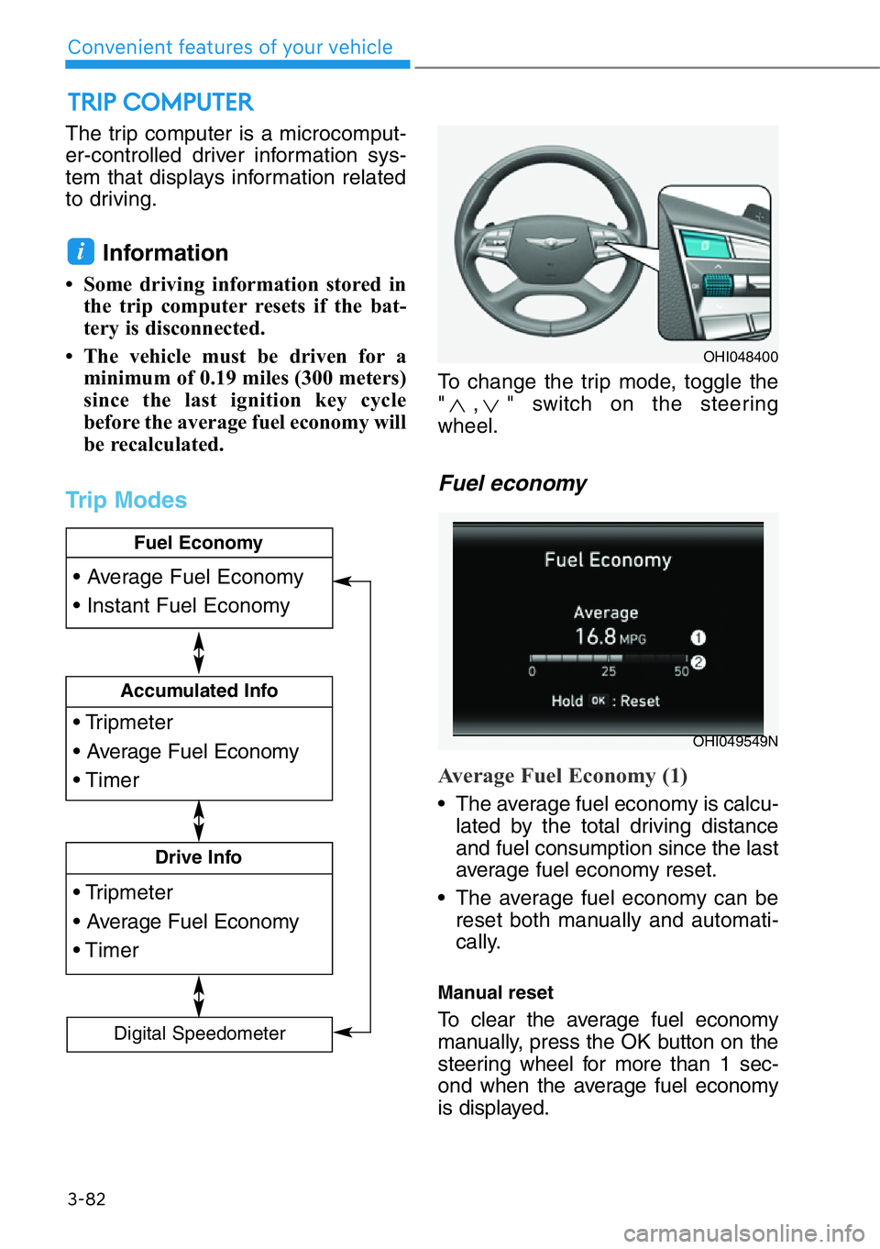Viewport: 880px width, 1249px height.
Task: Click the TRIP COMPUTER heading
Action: point(160,102)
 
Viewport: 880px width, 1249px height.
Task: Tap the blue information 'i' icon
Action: point(81,251)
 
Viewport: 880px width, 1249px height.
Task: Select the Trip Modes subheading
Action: point(126,500)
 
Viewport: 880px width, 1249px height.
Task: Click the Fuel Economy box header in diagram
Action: point(198,543)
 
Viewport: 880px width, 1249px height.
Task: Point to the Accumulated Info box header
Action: point(199,691)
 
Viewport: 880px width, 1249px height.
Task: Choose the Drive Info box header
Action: point(198,857)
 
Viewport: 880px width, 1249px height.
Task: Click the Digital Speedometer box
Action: point(199,1033)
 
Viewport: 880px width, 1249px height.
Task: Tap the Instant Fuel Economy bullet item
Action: point(188,606)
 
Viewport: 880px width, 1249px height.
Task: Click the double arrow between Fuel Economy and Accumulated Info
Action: point(199,652)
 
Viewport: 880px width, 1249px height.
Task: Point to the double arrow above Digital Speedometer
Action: point(199,996)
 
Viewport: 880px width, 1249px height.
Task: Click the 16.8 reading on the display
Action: point(595,636)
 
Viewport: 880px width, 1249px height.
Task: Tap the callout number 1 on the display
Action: point(698,637)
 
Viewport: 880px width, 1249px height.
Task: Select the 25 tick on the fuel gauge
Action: point(609,671)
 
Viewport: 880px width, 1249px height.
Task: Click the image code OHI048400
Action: point(740,357)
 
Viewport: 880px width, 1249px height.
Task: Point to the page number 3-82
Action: point(86,1199)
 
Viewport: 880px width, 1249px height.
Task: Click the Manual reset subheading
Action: point(495,992)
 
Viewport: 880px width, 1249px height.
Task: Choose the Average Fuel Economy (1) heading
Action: point(563,776)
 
